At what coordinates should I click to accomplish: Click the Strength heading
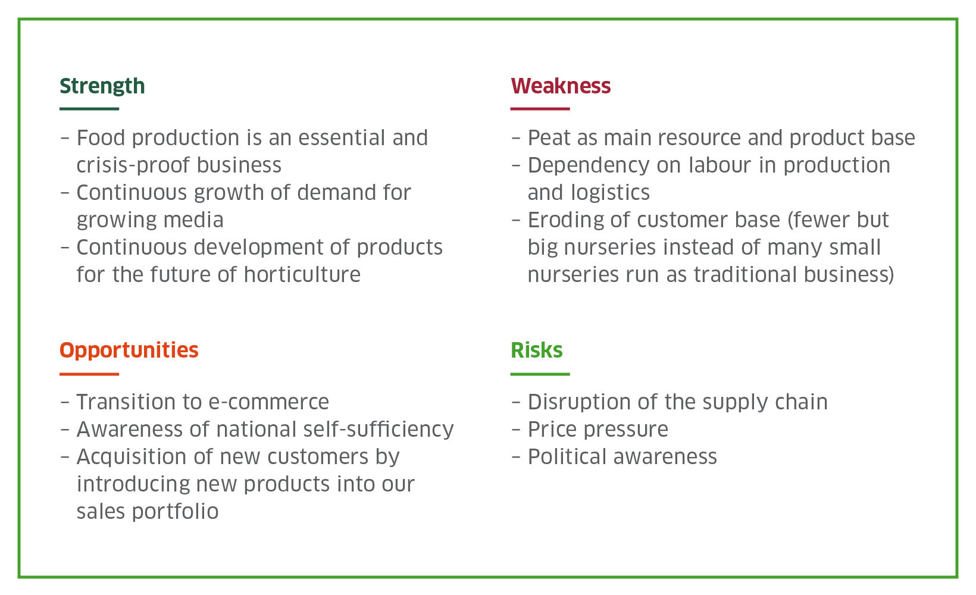(x=102, y=86)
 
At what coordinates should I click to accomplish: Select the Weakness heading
(x=561, y=86)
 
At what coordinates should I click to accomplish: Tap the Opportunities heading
(x=129, y=351)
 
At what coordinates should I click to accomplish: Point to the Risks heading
(x=536, y=350)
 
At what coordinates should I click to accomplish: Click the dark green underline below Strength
(x=89, y=109)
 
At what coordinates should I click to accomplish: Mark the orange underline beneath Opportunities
(x=89, y=374)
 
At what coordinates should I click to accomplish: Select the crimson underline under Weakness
(x=540, y=109)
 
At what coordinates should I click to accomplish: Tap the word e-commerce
(x=269, y=402)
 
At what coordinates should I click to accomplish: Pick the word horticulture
(x=302, y=275)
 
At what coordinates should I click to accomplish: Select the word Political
(x=567, y=457)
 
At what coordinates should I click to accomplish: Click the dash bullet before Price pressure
(x=516, y=430)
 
